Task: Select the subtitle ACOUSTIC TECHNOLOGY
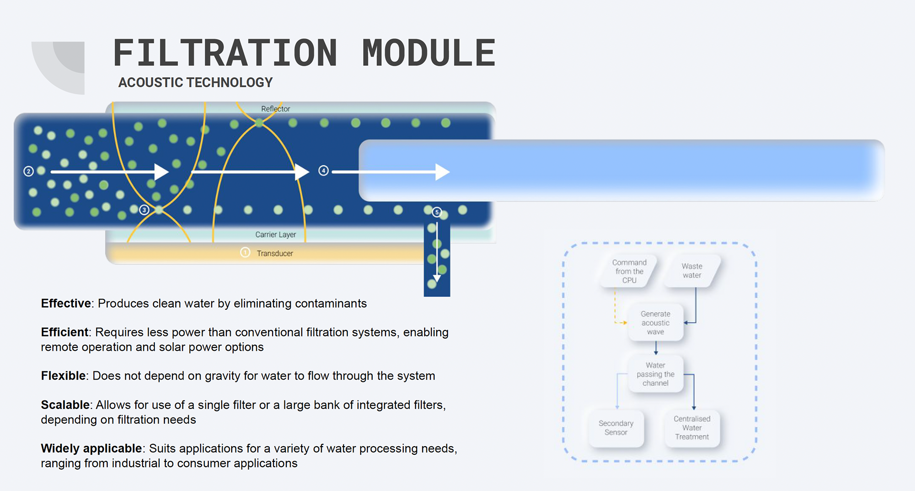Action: pyautogui.click(x=195, y=82)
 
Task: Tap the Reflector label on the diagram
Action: pyautogui.click(x=275, y=109)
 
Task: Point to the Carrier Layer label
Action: pyautogui.click(x=275, y=235)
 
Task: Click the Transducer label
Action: pyautogui.click(x=275, y=253)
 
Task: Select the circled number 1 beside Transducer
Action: pyautogui.click(x=245, y=252)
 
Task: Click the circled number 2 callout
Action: pyautogui.click(x=29, y=171)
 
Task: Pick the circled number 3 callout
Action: pyautogui.click(x=144, y=210)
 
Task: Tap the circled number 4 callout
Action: pyautogui.click(x=324, y=171)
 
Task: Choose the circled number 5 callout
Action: pyautogui.click(x=437, y=212)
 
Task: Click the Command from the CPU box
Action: pyautogui.click(x=629, y=271)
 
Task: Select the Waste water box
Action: pyautogui.click(x=692, y=271)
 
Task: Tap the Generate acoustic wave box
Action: pyautogui.click(x=656, y=323)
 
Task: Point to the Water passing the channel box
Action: pyautogui.click(x=656, y=374)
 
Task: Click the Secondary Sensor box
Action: pyautogui.click(x=616, y=428)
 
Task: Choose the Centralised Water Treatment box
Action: pyautogui.click(x=692, y=428)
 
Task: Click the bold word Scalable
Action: pyautogui.click(x=65, y=405)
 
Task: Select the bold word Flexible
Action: pyautogui.click(x=63, y=376)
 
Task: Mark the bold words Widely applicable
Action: pyautogui.click(x=91, y=448)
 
